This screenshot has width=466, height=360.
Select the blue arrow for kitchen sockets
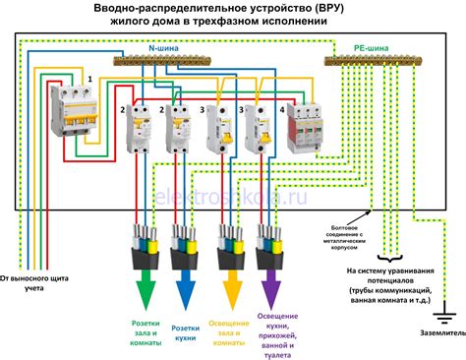point(182,288)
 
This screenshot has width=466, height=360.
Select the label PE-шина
point(373,46)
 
